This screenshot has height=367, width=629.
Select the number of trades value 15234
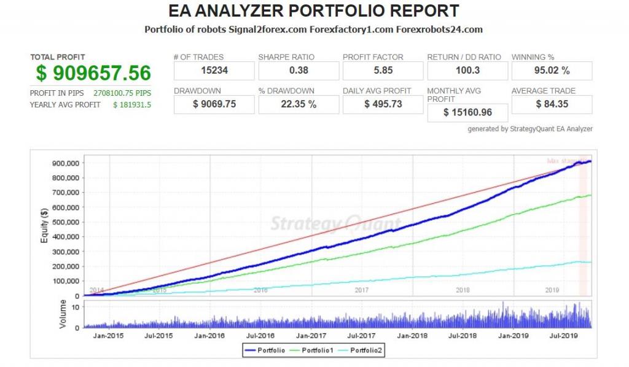214,71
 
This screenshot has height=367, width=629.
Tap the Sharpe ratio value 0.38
299,71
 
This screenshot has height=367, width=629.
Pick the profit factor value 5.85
383,71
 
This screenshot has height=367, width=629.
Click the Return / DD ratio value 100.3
467,71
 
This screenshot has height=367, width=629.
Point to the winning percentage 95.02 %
552,71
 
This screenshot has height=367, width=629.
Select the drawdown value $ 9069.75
214,104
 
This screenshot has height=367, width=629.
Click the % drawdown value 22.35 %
299,104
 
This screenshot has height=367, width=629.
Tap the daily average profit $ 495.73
383,104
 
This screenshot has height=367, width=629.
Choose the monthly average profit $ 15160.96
467,112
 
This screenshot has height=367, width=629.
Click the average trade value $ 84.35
552,104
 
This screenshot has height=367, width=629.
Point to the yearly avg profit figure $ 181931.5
132,104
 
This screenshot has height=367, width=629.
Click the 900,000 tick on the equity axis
66,163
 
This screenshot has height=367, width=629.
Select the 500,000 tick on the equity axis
66,222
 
